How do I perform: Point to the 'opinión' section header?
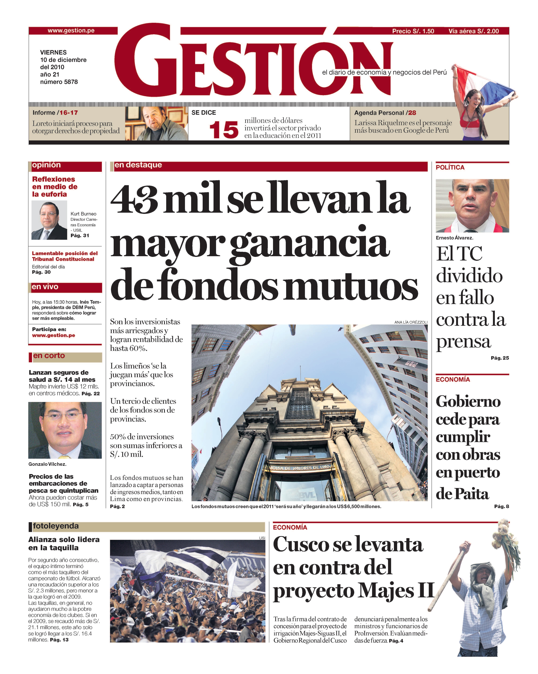[x=46, y=165]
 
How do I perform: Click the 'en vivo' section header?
[x=45, y=287]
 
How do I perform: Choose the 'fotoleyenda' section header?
[x=56, y=526]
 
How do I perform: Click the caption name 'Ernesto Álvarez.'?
[x=454, y=238]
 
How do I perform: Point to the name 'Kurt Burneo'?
[x=83, y=214]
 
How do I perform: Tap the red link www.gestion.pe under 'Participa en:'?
[x=53, y=335]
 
